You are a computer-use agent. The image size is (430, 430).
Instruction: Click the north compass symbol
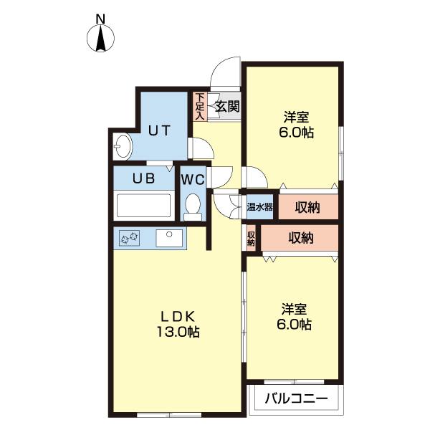(100, 38)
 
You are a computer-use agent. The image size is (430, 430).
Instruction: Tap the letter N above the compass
(100, 19)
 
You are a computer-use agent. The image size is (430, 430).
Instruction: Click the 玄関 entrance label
(227, 106)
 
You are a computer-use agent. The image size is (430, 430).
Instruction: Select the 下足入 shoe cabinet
(200, 106)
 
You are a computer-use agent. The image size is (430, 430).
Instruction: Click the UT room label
(160, 130)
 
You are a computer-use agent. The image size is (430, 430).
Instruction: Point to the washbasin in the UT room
(123, 147)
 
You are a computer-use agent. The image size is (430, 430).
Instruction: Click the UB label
(144, 178)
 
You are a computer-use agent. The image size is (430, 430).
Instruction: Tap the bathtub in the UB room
(144, 205)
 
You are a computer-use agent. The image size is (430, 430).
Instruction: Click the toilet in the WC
(193, 207)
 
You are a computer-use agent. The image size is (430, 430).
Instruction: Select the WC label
(193, 179)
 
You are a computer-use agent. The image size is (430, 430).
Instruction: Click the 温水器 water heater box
(259, 207)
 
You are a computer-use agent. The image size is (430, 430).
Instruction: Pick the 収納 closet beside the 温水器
(308, 207)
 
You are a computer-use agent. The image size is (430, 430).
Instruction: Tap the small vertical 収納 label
(251, 238)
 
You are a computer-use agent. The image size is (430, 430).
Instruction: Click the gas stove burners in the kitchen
(130, 238)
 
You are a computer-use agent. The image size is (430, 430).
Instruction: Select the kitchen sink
(169, 238)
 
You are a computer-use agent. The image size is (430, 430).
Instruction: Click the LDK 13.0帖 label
(178, 324)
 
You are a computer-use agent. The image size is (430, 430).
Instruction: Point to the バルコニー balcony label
(296, 398)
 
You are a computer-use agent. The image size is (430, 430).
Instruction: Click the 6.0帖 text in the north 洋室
(296, 133)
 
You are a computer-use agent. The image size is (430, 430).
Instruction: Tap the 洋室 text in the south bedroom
(294, 310)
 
